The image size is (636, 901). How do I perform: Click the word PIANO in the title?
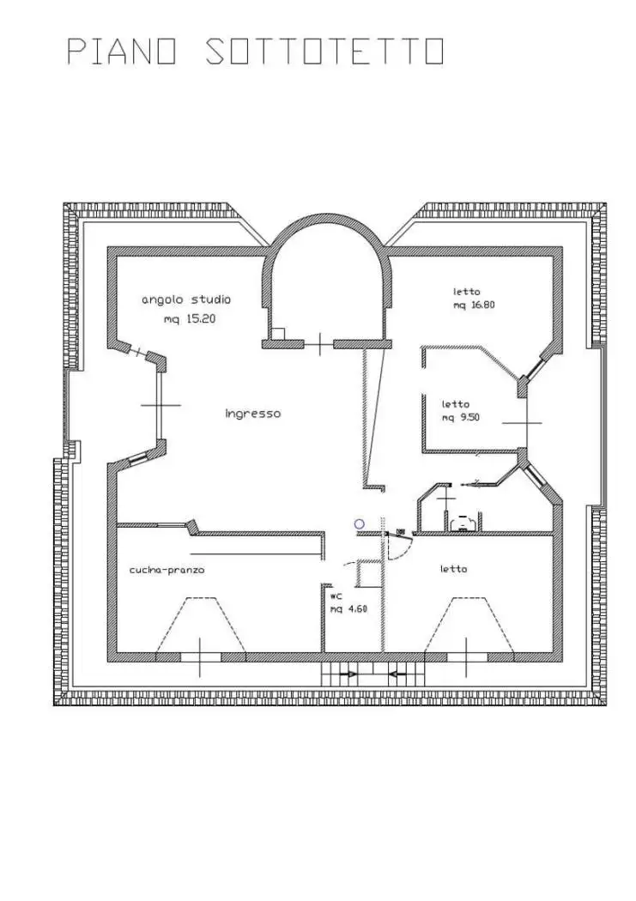tap(122, 51)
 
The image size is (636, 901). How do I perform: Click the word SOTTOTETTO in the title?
tap(325, 51)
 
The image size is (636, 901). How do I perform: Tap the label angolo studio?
tap(186, 300)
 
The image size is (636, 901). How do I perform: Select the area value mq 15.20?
tap(190, 319)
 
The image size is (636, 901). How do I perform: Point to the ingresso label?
tap(253, 414)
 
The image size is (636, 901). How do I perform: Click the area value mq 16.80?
tap(474, 305)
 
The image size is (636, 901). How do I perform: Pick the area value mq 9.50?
tap(460, 418)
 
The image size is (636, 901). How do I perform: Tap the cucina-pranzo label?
tap(167, 570)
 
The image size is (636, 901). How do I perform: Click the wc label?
tap(336, 596)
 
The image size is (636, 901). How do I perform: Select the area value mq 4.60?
tap(348, 609)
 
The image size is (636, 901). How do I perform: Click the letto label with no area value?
tap(453, 569)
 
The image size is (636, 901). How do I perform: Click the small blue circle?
tap(359, 524)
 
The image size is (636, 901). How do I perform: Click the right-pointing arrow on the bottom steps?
tap(348, 674)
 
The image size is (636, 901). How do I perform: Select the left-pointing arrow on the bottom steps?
tap(397, 674)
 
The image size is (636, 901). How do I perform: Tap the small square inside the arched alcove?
tap(278, 334)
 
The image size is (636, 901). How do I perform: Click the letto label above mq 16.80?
tap(466, 292)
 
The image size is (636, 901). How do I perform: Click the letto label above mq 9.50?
tap(455, 404)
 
